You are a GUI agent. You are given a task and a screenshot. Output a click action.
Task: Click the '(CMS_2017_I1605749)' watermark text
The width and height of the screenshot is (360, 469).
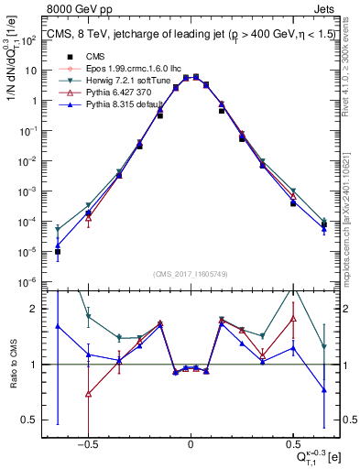(191, 275)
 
